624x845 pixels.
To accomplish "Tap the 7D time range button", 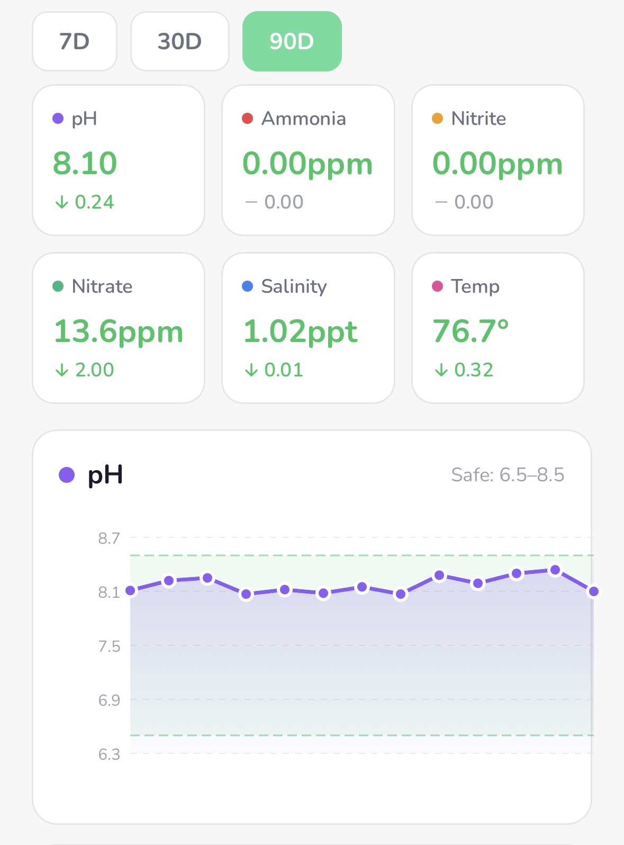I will point(75,41).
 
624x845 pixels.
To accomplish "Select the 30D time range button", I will point(180,41).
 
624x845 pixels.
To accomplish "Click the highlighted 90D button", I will point(292,41).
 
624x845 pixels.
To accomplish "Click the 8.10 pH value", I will point(85,163).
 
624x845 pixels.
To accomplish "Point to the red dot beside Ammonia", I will point(247,118).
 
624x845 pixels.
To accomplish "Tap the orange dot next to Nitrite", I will point(437,118).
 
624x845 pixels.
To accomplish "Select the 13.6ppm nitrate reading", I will point(119,331).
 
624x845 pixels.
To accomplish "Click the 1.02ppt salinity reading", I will point(301,331).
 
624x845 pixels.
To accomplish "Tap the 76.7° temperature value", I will point(471,331).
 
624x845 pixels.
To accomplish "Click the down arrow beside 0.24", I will point(62,202).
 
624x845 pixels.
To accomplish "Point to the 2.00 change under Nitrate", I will point(95,370).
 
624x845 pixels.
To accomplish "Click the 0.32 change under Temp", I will point(474,370).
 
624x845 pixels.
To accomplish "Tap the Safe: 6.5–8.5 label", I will point(508,475).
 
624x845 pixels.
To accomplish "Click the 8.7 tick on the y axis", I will point(109,538).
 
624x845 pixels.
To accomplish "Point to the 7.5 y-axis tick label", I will point(109,646).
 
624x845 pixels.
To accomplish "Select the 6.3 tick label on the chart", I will point(109,754).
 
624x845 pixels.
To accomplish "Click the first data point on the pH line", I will point(131,590).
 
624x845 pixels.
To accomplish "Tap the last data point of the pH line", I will point(593,591).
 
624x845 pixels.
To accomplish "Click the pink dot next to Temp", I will point(437,286).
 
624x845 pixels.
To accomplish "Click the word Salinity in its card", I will point(294,286).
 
